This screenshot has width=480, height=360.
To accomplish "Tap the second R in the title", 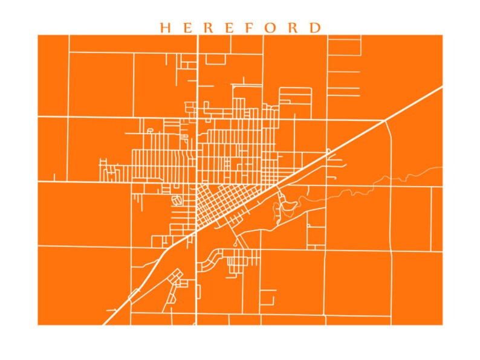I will point(294,28).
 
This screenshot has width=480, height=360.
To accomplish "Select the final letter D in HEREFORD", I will point(316,28).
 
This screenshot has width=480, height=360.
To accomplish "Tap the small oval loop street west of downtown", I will point(177,200).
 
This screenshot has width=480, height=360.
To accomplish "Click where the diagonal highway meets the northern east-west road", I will point(384,121).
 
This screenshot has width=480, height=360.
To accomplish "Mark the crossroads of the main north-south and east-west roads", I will point(197,181).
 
